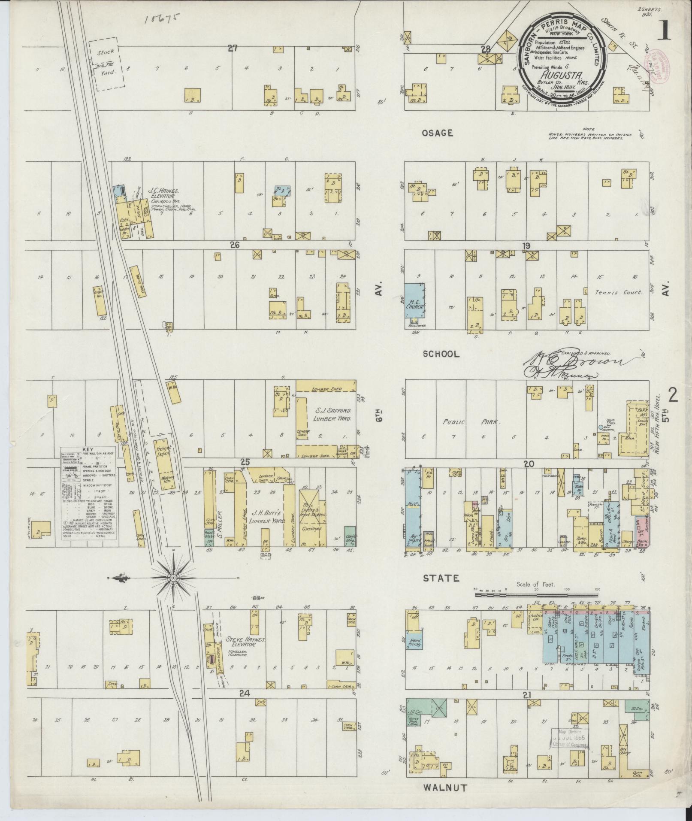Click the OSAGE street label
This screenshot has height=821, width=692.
tap(437, 133)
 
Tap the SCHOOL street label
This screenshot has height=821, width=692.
tap(441, 354)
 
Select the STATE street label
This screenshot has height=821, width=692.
tap(441, 578)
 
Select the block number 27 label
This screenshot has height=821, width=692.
tap(233, 48)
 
